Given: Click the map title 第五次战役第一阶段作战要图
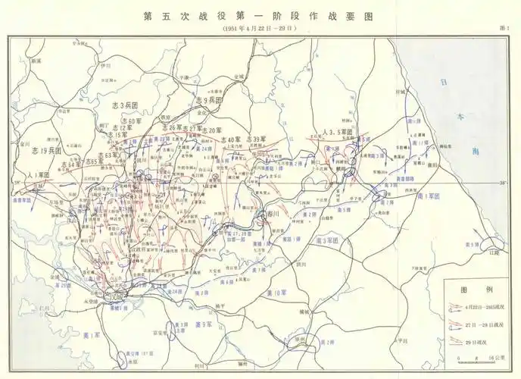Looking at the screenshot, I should pyautogui.click(x=260, y=15).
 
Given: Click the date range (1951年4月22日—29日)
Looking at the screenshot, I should pyautogui.click(x=260, y=28).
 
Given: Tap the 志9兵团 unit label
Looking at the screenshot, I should pyautogui.click(x=210, y=100).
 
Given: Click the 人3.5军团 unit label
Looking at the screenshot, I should pyautogui.click(x=338, y=131).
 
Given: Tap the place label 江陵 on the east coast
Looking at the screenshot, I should pyautogui.click(x=495, y=252).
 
